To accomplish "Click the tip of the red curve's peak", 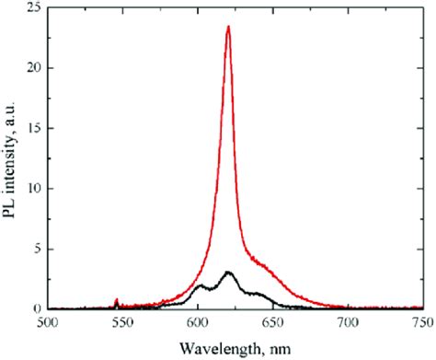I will click(x=228, y=27).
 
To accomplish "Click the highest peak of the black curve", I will click(x=228, y=273).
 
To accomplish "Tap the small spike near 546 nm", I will click(x=117, y=300).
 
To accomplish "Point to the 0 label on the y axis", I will click(x=38, y=309).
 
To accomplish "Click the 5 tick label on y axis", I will click(x=38, y=249).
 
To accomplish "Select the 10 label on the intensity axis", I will click(x=34, y=189).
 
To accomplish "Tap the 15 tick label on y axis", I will click(x=34, y=128).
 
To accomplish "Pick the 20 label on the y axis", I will click(x=34, y=68).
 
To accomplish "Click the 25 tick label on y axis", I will click(x=34, y=8).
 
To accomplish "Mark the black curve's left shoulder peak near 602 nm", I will click(x=201, y=285).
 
